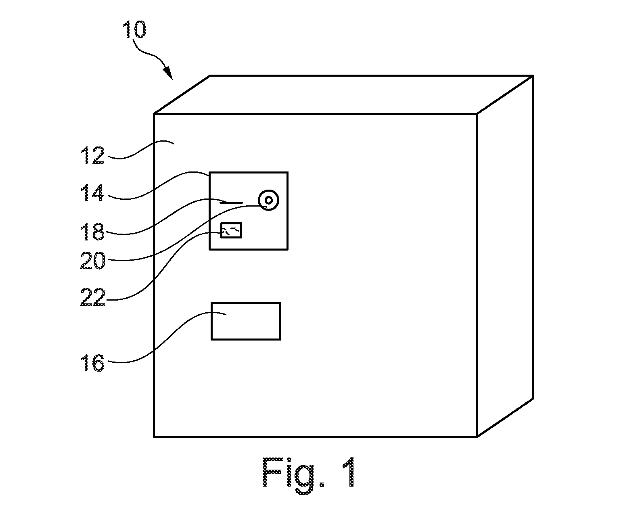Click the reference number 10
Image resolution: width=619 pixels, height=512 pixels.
coord(134,29)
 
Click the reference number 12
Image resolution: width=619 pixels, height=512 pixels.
coord(92,155)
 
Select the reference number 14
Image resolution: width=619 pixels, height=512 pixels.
coord(92,193)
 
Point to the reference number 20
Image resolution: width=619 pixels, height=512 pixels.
coord(92,260)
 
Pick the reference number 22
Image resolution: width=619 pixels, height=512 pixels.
coord(92,297)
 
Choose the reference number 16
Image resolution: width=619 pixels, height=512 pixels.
coord(92,362)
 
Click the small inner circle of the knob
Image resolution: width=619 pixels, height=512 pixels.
coord(269,200)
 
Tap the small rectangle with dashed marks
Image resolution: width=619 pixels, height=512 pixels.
coord(231,230)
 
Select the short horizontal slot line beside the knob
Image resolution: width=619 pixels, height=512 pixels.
coord(232,203)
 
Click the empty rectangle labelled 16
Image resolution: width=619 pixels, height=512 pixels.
coord(245,321)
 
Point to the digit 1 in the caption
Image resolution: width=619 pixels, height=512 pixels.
coord(349,472)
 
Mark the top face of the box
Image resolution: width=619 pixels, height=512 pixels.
coord(343,94)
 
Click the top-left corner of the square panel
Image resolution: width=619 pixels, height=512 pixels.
coord(209,172)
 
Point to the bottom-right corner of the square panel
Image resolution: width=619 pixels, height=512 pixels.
coord(288,249)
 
